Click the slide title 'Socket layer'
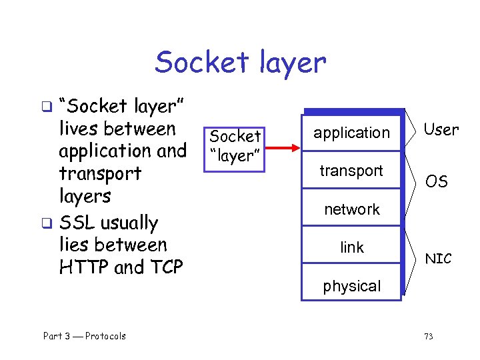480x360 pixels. pos(240,63)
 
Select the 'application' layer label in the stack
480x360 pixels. pos(351,133)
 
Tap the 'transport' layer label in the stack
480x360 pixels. pos(351,171)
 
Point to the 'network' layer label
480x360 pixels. pos(351,209)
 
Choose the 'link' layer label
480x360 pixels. pos(351,247)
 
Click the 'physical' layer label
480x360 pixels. pos(351,286)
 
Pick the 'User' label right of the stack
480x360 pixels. pos(441,130)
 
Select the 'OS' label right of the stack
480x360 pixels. pos(437,181)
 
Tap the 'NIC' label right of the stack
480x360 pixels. pos(438,259)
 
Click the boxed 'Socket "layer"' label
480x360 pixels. pos(235,146)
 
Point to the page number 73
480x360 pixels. pos(428,336)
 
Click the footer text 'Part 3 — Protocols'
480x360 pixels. pos(85,336)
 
